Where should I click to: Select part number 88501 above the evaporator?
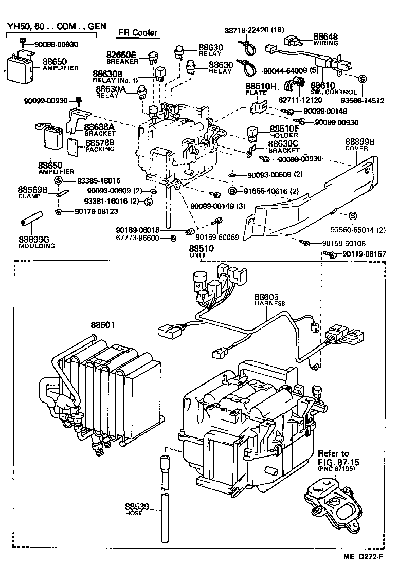tap(103, 325)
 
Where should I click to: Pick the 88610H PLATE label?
tap(260, 89)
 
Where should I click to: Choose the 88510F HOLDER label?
tap(284, 132)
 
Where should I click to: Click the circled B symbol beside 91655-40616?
tap(232, 191)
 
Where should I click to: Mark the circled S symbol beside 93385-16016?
tap(58, 180)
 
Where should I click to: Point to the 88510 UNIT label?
tap(201, 252)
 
